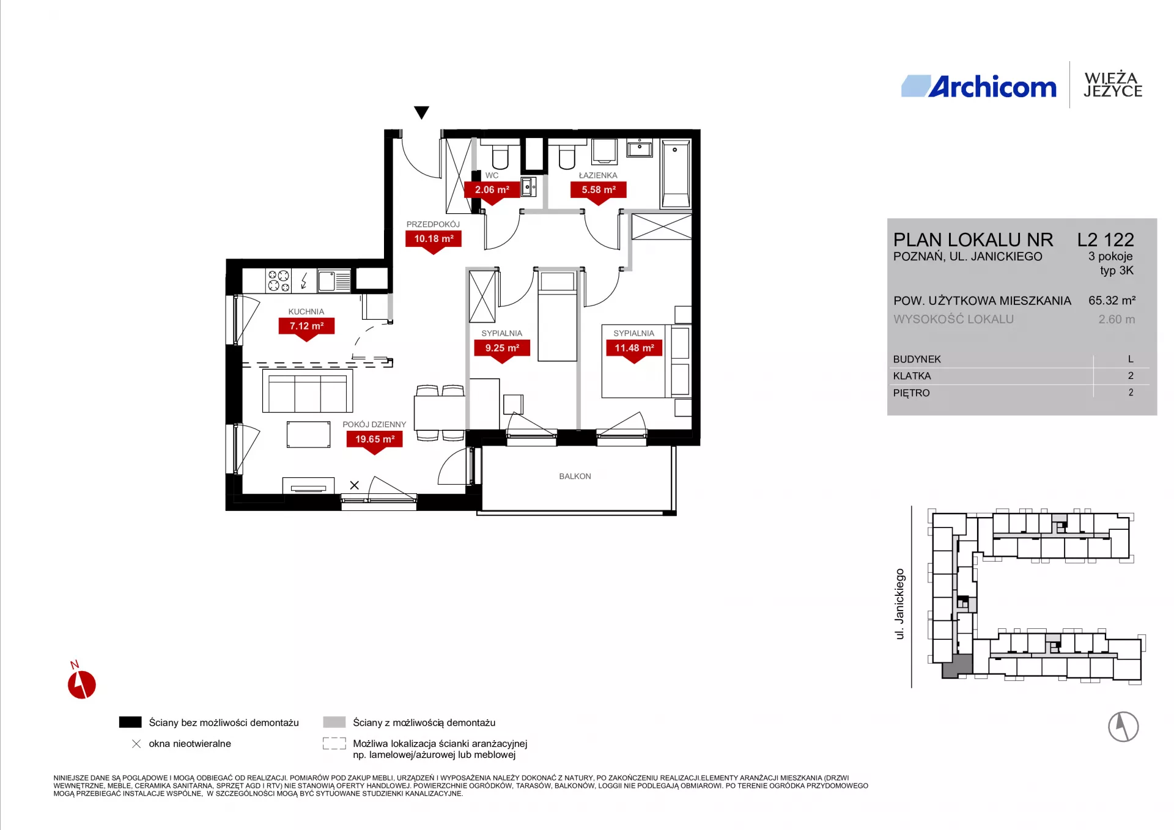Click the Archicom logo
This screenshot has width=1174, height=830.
pos(978,87)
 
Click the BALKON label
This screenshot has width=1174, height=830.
pos(575,476)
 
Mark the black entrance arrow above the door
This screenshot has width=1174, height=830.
pos(421,112)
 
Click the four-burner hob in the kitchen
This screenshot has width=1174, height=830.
pos(279,281)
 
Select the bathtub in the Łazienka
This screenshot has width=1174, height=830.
pos(676,174)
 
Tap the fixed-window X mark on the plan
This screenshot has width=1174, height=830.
pos(355,485)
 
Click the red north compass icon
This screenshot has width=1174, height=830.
pos(81,684)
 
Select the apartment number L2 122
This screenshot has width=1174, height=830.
pos(1106,240)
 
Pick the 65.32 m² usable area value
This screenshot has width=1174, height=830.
pos(1112,301)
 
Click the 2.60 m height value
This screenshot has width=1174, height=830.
pos(1117,319)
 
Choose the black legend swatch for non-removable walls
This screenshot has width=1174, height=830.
pos(130,722)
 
